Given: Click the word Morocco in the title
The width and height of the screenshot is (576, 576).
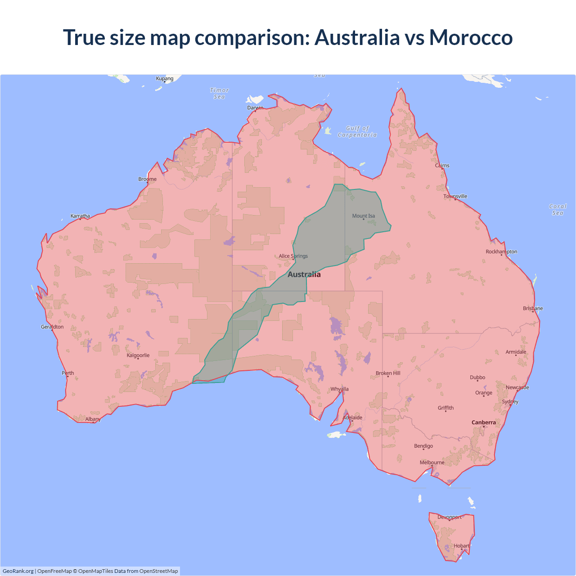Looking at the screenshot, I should [471, 37].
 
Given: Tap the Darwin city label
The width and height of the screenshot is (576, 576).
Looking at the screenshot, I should [255, 108].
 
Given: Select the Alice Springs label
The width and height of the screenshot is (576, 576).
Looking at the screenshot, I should [293, 256].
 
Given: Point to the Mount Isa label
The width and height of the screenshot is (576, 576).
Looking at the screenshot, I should [364, 216].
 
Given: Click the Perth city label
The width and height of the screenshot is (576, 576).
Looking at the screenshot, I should [68, 373].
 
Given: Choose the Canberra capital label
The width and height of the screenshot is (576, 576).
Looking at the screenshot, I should [484, 423].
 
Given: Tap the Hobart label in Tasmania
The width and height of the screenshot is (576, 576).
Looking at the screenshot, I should [461, 546].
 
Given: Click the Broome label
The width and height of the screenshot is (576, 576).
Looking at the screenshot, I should [148, 179].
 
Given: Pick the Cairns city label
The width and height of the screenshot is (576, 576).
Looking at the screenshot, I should [442, 166].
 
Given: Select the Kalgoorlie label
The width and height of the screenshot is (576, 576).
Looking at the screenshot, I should [138, 355].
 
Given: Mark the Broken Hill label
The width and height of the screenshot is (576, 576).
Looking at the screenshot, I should [388, 373].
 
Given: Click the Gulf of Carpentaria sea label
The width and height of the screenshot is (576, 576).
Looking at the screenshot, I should [357, 131].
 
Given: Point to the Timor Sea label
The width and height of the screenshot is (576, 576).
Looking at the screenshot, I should [220, 94].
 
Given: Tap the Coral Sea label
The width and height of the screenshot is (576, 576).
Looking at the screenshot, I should [558, 210].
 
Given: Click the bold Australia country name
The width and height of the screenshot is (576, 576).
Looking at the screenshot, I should [304, 274].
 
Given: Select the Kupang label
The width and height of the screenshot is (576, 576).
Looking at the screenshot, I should [165, 79].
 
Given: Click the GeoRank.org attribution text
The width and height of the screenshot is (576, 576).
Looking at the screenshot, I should [18, 571].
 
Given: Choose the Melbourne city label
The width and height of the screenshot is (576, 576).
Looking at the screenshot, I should [432, 463].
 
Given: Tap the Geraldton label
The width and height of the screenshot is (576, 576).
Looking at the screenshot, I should [52, 327].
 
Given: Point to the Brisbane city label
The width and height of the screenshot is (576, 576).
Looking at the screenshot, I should [533, 309].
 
